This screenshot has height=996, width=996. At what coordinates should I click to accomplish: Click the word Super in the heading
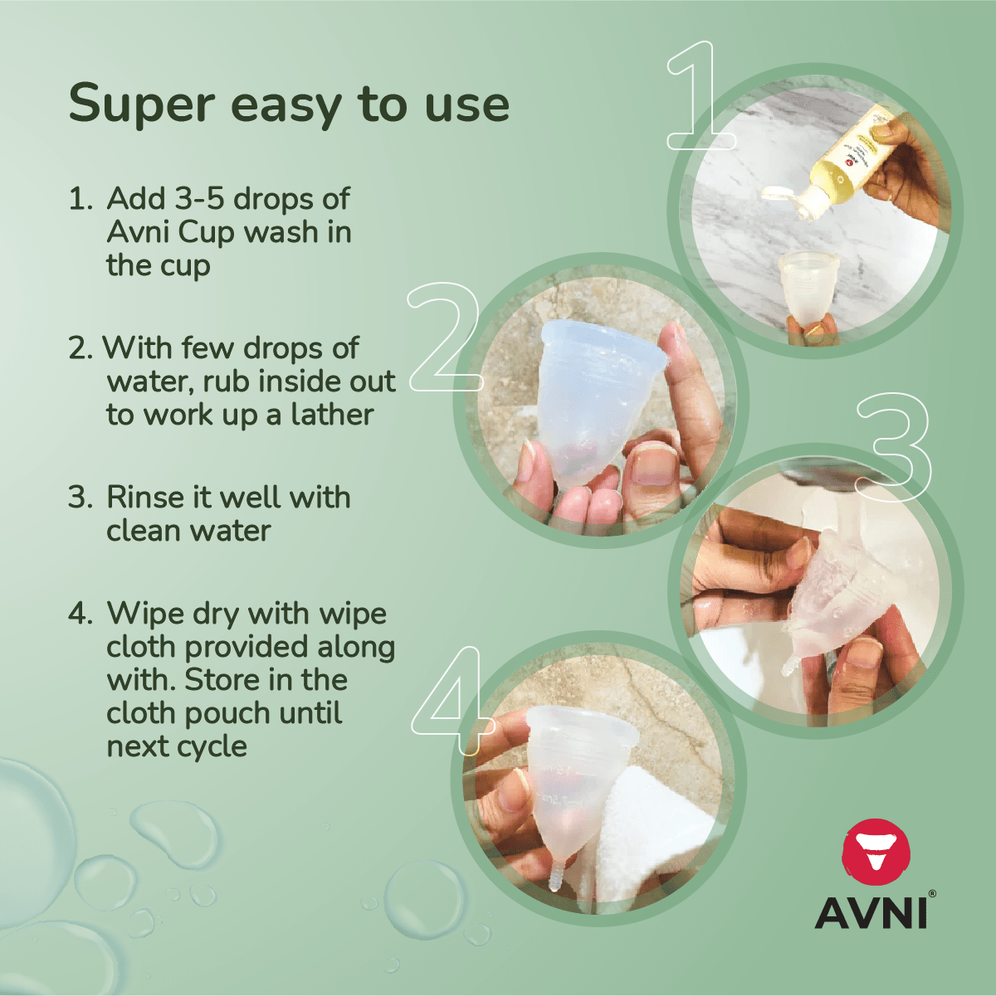[141, 105]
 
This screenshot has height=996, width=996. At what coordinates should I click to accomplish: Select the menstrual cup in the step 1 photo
[808, 285]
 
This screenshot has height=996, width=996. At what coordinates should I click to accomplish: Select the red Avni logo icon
[876, 855]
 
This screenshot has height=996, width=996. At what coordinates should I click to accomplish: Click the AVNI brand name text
[870, 912]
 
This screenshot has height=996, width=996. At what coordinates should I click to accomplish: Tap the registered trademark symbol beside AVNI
[932, 894]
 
